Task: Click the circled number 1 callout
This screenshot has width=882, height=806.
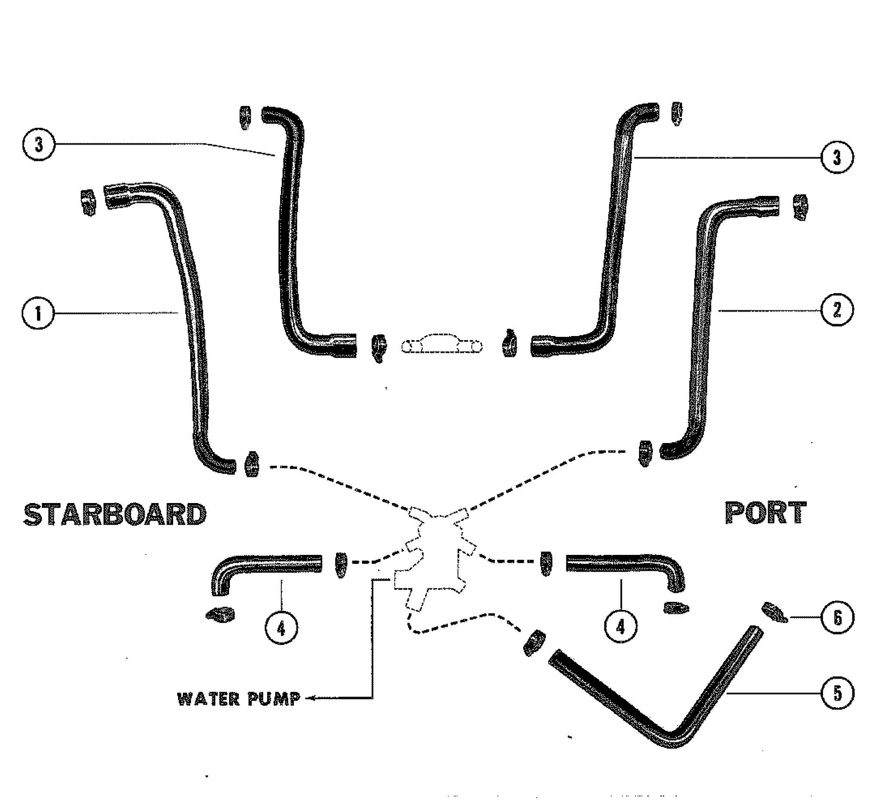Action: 38,314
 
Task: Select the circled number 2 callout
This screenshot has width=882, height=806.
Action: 837,311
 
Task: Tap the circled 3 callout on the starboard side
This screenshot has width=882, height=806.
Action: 38,145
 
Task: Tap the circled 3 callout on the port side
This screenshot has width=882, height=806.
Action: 837,157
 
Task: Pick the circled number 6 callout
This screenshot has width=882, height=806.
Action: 837,618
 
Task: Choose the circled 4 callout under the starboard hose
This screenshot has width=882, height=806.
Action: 281,629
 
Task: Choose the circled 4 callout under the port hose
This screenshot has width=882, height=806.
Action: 620,628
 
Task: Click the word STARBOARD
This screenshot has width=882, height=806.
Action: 115,514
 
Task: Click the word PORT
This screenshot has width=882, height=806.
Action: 766,513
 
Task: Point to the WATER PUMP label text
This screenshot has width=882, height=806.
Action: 239,699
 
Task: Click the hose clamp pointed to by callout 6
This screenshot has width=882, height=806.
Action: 774,612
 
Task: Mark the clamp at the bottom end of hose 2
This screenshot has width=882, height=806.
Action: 644,453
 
